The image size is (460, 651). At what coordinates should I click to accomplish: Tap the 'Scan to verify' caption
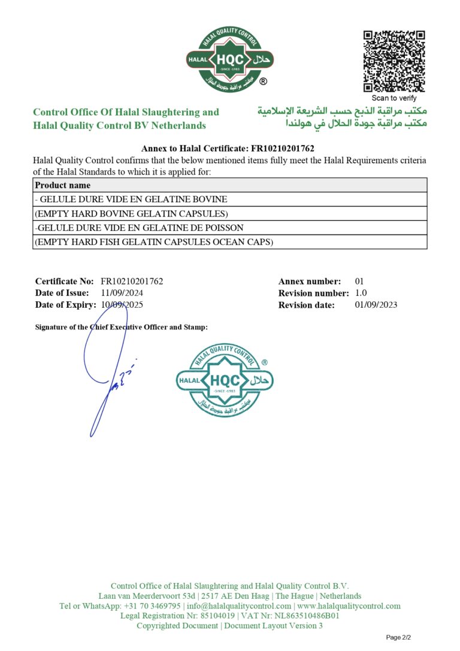394,98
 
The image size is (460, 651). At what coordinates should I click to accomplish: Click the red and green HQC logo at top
229,59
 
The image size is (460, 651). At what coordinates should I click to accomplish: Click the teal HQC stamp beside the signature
225,380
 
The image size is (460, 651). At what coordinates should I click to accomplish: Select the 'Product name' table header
63,185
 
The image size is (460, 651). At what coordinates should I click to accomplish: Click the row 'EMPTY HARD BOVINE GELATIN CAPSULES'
131,214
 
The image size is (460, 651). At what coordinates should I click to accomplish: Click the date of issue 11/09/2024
122,293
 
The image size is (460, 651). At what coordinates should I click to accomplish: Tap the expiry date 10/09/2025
122,305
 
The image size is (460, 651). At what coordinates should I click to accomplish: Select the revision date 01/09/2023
376,305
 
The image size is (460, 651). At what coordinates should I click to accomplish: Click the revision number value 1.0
361,293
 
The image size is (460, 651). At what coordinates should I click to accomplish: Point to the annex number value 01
359,281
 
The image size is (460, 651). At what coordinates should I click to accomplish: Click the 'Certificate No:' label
65,281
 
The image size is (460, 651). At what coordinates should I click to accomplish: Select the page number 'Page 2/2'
398,637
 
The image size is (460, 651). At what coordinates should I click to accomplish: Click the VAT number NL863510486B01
305,616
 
